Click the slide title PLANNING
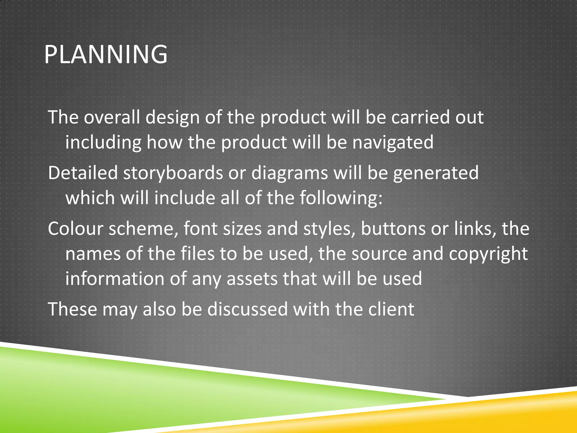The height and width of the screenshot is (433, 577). pyautogui.click(x=106, y=54)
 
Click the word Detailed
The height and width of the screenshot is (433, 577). pyautogui.click(x=83, y=173)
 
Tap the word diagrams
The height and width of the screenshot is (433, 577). pyautogui.click(x=290, y=173)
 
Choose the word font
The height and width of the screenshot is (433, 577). pyautogui.click(x=201, y=229)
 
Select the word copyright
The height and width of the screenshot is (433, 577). pyautogui.click(x=488, y=254)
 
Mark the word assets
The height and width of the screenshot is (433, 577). pyautogui.click(x=252, y=279)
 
